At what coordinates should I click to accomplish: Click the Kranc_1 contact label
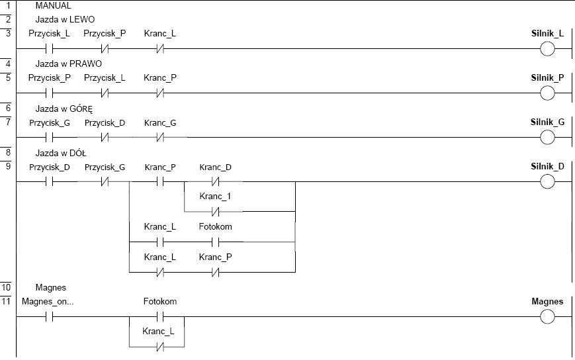(215, 197)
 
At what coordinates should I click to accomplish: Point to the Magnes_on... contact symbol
(50, 317)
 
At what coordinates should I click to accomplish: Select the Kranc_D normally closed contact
(215, 181)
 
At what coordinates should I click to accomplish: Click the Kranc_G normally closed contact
(160, 138)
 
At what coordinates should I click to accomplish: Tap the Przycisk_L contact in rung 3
(50, 49)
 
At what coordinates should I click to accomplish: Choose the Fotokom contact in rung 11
(160, 317)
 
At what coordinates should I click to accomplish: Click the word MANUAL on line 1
(53, 6)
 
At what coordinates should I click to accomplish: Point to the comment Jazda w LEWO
(65, 19)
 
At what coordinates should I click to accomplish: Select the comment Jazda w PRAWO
(69, 64)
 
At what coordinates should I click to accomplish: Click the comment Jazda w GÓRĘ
(64, 109)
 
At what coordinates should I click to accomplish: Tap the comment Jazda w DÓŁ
(61, 153)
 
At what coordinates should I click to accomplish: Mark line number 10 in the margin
(6, 287)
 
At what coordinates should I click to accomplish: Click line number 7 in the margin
(8, 122)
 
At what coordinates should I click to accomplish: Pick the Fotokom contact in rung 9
(215, 242)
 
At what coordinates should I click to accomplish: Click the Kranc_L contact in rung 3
(160, 49)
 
